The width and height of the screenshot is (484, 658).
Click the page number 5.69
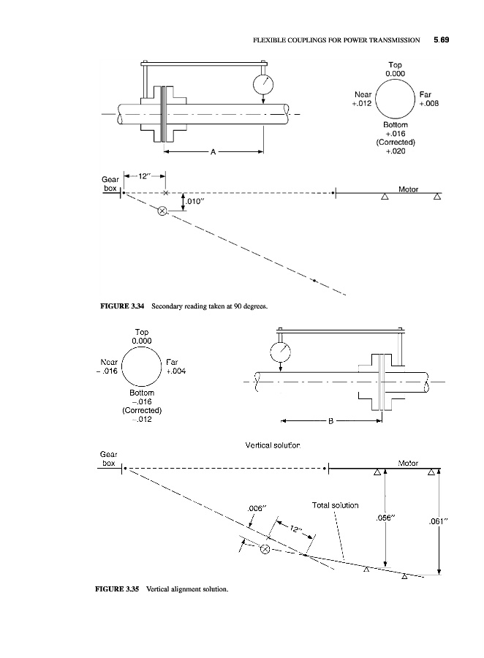pos(441,40)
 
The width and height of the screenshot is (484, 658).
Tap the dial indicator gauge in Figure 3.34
pos(263,84)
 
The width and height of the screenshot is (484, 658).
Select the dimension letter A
pos(213,152)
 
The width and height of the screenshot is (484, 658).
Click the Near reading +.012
pos(362,104)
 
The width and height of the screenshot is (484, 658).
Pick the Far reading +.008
pos(428,104)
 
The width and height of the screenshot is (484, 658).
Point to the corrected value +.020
pos(396,151)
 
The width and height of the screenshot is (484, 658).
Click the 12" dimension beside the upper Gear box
pos(144,176)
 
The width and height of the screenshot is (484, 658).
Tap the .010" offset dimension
pos(194,202)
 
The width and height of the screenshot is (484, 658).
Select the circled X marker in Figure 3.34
pos(162,211)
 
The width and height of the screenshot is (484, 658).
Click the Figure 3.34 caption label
pos(122,306)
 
